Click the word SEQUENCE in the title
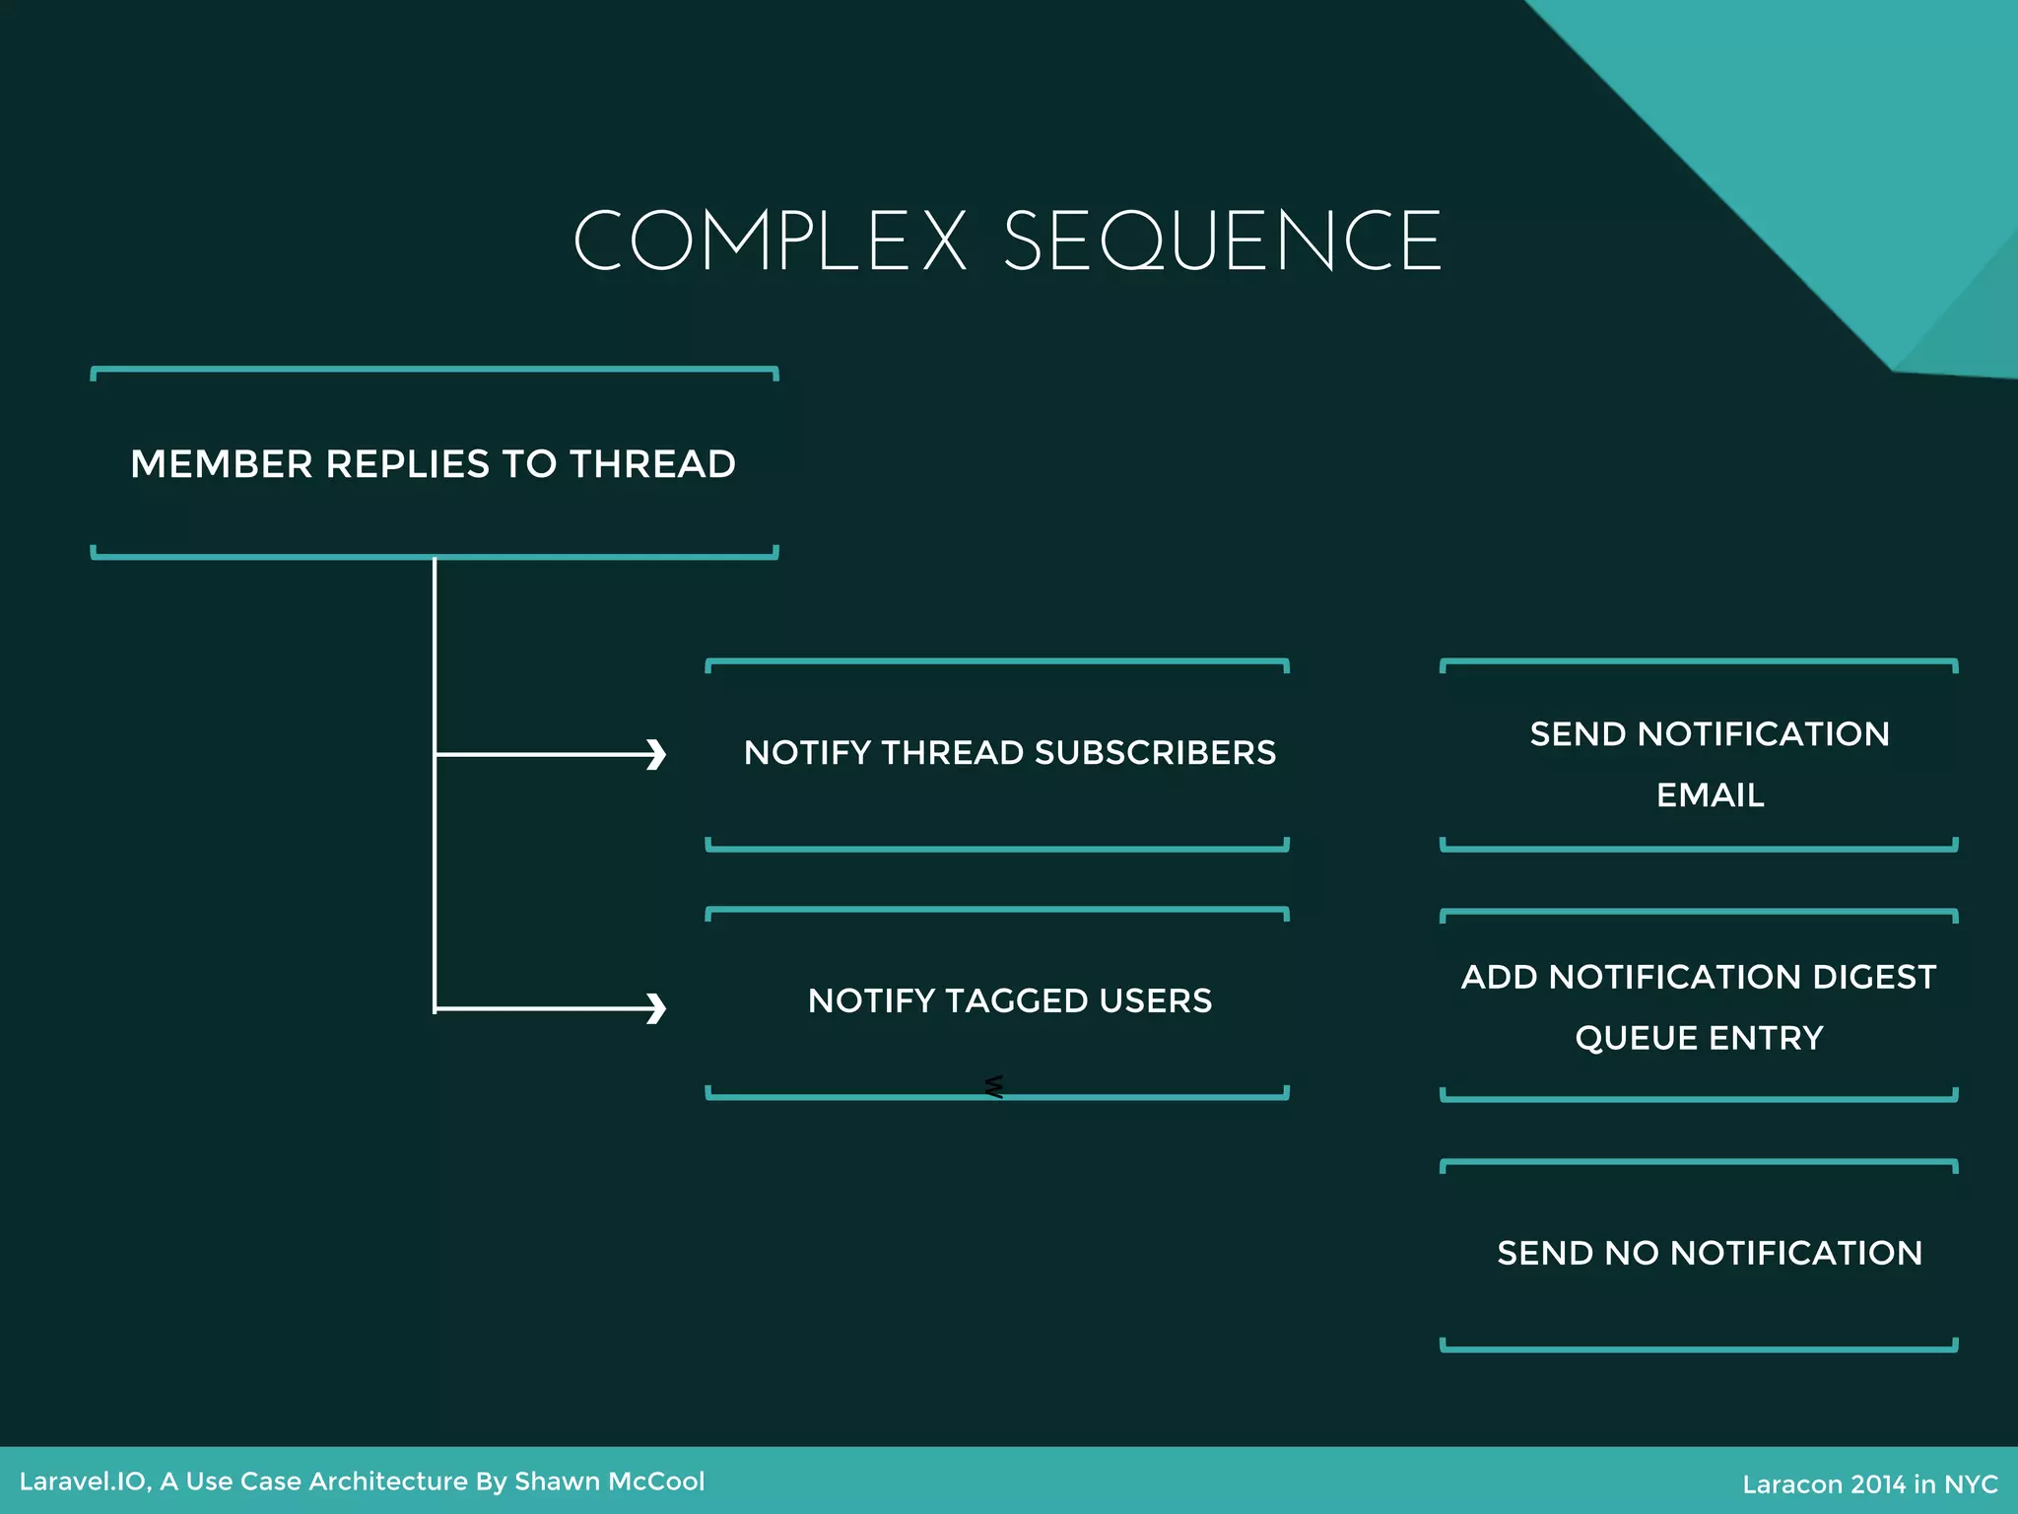[x=1223, y=241]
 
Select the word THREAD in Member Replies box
[x=652, y=464]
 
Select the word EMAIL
[x=1710, y=795]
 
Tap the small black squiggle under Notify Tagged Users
[x=993, y=1086]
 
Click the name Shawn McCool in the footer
[x=609, y=1481]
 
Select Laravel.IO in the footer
[x=84, y=1481]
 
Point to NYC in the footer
[x=1971, y=1484]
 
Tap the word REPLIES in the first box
[x=407, y=464]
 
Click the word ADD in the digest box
[x=1499, y=977]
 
